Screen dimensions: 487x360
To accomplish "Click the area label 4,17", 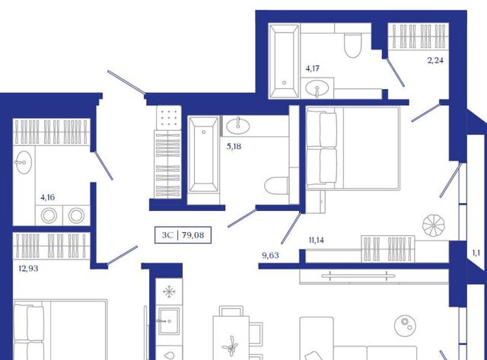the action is coord(313,68).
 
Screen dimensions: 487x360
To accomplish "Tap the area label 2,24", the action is coord(435,60).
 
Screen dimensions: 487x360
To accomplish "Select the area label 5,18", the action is coord(234,146).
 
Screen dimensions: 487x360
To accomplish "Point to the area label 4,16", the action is coord(48,197).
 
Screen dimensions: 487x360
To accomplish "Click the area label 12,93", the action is coord(29,269).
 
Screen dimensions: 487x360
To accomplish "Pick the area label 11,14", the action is coord(317,240).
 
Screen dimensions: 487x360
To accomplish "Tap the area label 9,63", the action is coord(271,255).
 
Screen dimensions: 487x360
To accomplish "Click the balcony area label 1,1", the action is coord(476,253).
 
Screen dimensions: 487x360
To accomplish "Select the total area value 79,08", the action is coord(193,235).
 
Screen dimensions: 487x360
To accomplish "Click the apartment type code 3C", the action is coord(167,235).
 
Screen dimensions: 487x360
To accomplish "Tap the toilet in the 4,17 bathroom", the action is coord(353,46).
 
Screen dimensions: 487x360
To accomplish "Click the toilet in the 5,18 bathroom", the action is coord(276,186).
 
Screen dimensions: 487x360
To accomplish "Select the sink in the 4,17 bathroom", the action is coord(317,88).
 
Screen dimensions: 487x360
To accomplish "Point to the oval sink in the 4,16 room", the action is coord(23,162).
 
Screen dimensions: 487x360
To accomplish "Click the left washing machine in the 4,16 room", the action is coord(49,215).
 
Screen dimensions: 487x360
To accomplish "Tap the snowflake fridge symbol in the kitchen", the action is coord(169,292).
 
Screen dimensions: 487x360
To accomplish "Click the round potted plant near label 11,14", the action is coord(433,225).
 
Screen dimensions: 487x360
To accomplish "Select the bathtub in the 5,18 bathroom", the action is coord(203,155).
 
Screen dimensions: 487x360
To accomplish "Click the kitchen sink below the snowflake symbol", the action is coord(169,321).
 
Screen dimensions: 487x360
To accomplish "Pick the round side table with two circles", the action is coord(406,326).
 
